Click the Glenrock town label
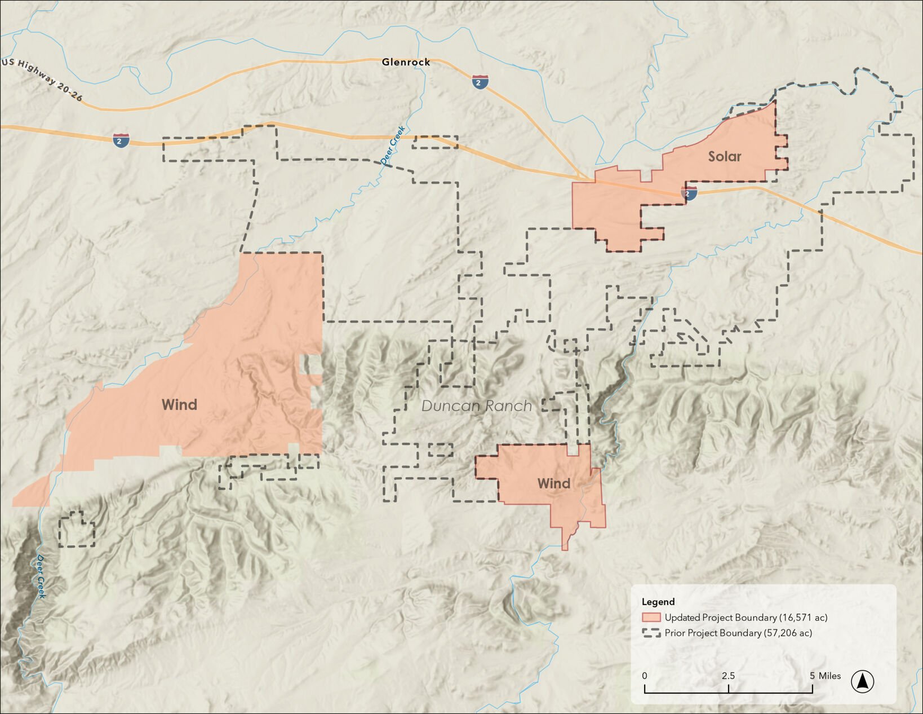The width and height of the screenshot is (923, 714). [406, 62]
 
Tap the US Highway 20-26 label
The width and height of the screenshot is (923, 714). [42, 80]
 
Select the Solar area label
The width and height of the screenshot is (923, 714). [725, 156]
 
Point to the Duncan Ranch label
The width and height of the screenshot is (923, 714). [476, 406]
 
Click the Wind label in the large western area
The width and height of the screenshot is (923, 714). [179, 404]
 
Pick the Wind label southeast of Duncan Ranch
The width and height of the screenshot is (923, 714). [553, 483]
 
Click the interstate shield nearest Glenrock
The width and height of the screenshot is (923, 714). [480, 82]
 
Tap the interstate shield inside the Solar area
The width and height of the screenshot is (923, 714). [689, 193]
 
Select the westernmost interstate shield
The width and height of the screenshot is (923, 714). [121, 140]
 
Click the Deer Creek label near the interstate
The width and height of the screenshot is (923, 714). [393, 146]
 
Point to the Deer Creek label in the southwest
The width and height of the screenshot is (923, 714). [41, 576]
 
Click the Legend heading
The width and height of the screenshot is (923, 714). [658, 602]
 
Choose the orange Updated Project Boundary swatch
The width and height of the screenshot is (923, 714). [651, 618]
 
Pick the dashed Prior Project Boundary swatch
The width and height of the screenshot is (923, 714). [651, 633]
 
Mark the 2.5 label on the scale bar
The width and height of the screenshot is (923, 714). [728, 676]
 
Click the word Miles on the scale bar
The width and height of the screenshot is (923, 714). [829, 676]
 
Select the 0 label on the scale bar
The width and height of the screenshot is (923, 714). [645, 676]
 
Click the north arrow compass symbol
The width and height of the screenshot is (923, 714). [862, 681]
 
